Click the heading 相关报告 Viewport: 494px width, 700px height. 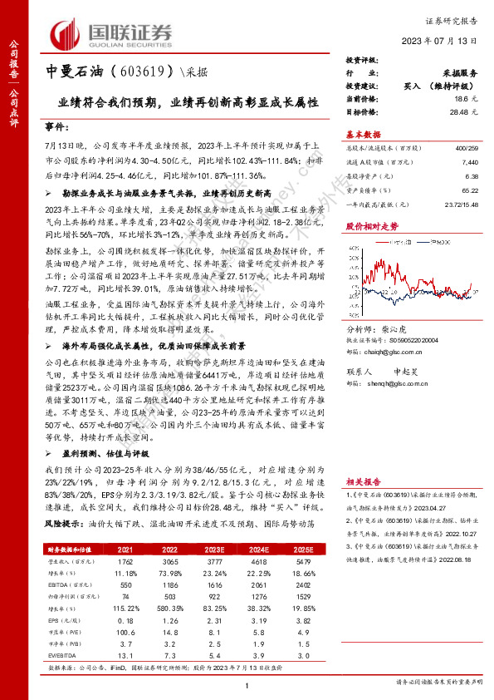pyautogui.click(x=362, y=481)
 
